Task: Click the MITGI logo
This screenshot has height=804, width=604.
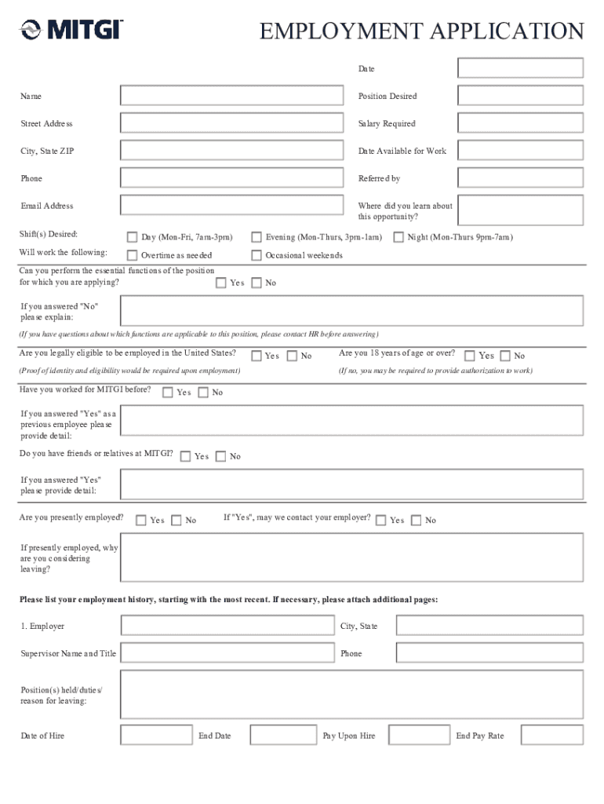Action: click(x=71, y=30)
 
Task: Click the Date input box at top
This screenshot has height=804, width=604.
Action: click(x=520, y=68)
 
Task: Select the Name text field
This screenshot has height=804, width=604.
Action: click(x=232, y=96)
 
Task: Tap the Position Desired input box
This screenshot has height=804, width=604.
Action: click(x=520, y=96)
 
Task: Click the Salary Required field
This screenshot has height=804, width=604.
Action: click(x=520, y=123)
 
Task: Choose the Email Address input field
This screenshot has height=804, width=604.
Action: click(x=232, y=206)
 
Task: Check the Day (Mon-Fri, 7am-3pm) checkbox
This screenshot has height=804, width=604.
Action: click(x=132, y=237)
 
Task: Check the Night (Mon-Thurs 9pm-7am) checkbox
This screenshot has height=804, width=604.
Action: click(x=398, y=237)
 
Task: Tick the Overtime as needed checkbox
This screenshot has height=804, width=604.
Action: click(x=132, y=255)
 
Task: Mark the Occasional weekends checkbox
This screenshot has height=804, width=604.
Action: click(x=257, y=255)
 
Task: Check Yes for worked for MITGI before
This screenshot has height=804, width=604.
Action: click(x=167, y=393)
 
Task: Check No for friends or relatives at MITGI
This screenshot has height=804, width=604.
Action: click(x=220, y=456)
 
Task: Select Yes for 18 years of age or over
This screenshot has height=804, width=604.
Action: click(x=470, y=356)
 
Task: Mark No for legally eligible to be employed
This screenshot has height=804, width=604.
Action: click(x=293, y=356)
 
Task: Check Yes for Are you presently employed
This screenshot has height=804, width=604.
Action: click(x=141, y=520)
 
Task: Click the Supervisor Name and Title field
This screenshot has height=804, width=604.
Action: click(x=227, y=653)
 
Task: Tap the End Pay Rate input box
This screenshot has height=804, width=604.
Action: click(x=551, y=736)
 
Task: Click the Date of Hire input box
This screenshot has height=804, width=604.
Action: click(x=156, y=736)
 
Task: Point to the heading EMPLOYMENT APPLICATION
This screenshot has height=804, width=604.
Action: click(x=422, y=31)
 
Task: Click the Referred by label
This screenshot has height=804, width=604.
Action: click(x=380, y=179)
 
